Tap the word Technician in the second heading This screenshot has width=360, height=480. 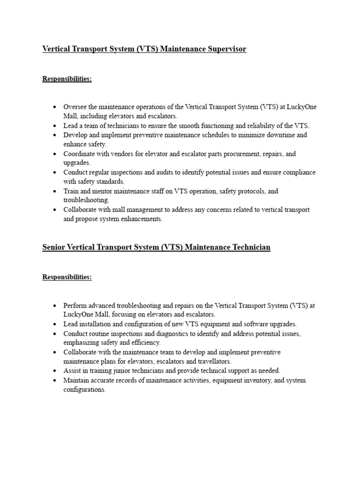251,247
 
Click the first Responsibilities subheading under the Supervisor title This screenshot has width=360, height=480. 67,79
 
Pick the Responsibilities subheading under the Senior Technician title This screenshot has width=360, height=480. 67,277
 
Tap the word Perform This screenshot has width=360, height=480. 75,305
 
